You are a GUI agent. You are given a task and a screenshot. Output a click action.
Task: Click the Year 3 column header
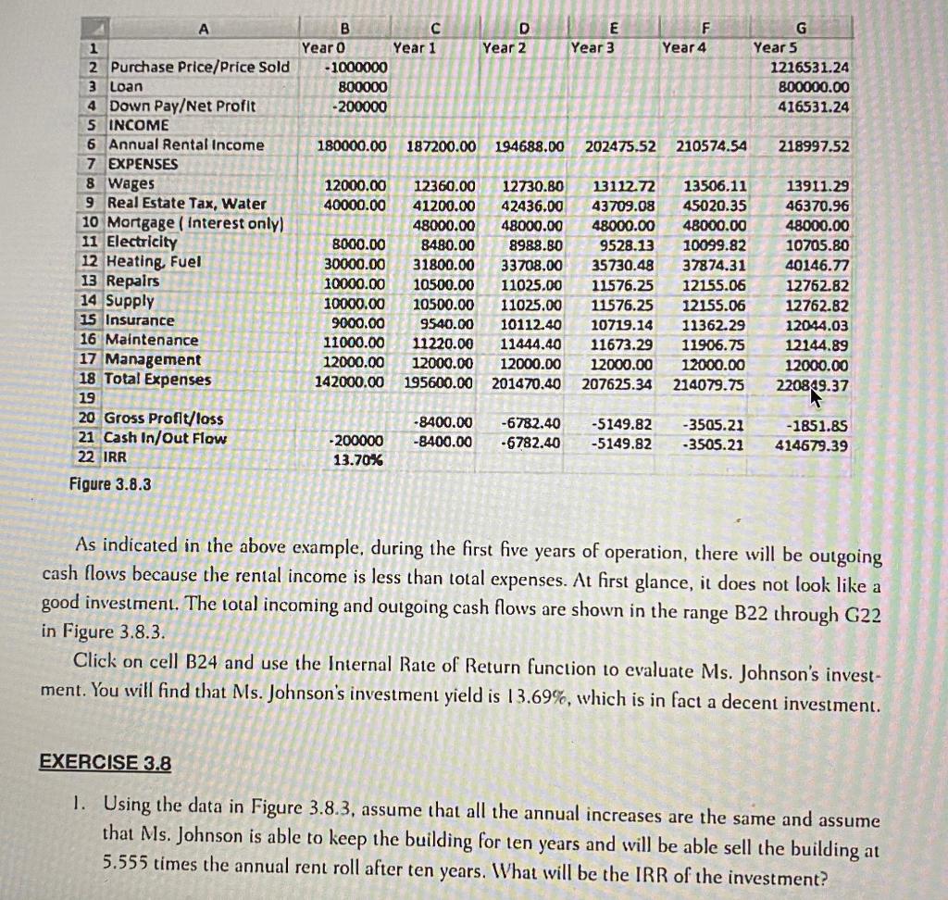click(x=592, y=47)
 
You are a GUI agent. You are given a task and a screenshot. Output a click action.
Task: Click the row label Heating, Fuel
click(x=154, y=262)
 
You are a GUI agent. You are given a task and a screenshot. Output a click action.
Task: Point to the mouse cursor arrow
click(x=816, y=397)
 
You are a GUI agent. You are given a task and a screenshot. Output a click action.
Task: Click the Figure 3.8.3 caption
click(x=111, y=484)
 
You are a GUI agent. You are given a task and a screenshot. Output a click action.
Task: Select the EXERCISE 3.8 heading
click(x=106, y=763)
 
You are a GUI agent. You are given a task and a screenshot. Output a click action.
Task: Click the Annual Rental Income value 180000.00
click(x=352, y=146)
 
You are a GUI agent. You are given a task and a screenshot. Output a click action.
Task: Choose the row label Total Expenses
click(x=158, y=380)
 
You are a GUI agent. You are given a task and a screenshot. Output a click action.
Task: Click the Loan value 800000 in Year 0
click(x=362, y=87)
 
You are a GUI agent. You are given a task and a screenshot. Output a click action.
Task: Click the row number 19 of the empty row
click(x=88, y=397)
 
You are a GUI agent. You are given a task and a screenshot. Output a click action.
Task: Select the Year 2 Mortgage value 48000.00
click(x=531, y=224)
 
